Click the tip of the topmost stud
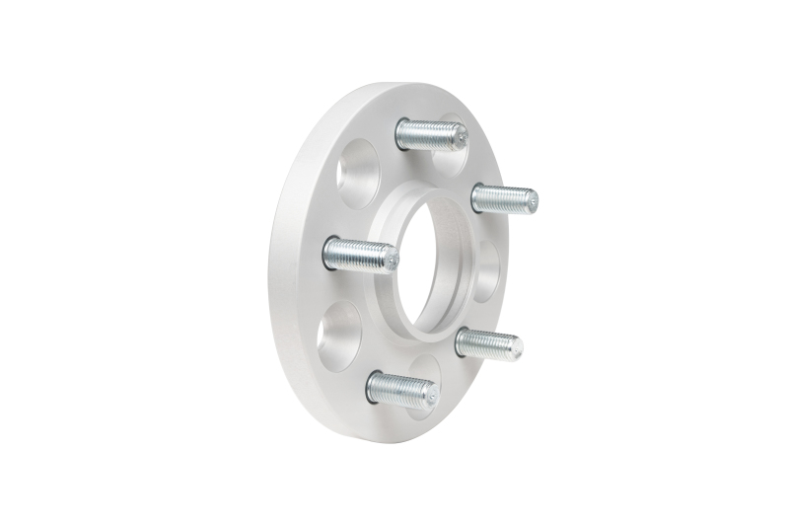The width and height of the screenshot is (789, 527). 459,136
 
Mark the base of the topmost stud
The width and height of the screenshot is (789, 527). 402,132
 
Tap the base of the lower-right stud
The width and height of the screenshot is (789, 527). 462,342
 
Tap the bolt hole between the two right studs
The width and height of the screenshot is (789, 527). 490,268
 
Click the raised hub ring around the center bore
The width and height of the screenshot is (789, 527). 390,296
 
